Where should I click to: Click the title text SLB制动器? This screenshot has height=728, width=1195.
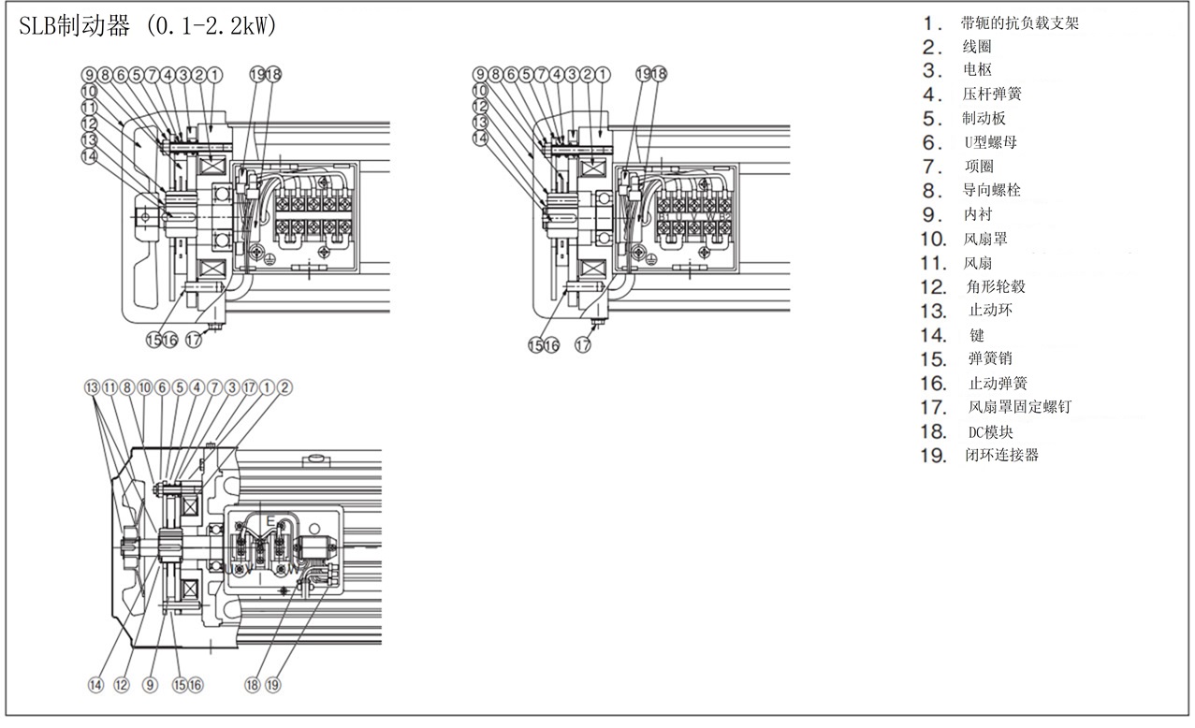click(75, 27)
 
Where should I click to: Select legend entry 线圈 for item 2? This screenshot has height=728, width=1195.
click(977, 47)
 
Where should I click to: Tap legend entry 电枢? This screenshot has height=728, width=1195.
click(977, 70)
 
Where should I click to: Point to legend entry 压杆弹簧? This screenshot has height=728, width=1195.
click(992, 95)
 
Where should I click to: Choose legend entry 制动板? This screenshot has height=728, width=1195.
click(984, 119)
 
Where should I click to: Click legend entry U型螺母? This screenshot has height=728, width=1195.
click(991, 143)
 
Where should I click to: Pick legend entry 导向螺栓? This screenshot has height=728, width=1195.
click(992, 190)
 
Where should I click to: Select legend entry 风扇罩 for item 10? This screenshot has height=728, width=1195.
click(985, 240)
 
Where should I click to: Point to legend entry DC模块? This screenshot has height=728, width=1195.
click(991, 431)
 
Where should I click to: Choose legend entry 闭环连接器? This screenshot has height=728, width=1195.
click(1001, 456)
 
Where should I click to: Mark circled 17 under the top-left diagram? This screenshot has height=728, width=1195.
click(194, 341)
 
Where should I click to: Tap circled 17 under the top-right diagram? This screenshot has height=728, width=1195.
click(583, 345)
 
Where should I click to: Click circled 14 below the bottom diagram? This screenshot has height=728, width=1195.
click(95, 685)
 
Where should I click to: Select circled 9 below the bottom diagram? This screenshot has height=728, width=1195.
click(150, 685)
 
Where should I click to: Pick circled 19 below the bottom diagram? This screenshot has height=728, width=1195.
click(272, 685)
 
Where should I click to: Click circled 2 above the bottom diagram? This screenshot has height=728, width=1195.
click(284, 386)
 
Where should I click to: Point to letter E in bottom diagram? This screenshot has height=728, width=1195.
click(270, 520)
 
